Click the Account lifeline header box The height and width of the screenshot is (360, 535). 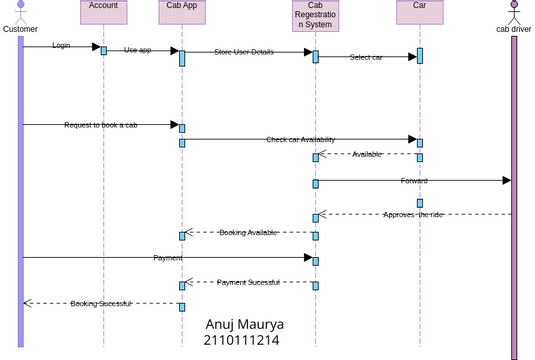pos(103,12)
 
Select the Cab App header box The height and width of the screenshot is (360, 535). pos(182,12)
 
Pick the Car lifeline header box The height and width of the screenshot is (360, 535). pos(419,12)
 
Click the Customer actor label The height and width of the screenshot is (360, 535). pos(20,29)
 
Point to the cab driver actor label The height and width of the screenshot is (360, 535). pos(514,29)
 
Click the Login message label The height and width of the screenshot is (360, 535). pos(61,46)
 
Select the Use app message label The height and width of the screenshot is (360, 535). pos(138,49)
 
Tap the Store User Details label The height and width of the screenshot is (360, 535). pos(243,52)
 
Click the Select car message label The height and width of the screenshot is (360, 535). pos(366,57)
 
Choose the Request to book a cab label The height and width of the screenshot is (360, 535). pos(101,125)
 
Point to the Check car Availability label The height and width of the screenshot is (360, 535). pos(300,140)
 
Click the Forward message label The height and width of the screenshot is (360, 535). pos(414,181)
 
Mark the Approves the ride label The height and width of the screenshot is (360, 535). pos(413,214)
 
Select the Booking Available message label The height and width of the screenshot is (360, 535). pos(248,233)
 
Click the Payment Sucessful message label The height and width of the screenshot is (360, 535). pos(248,283)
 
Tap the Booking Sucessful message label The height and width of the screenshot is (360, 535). pos(100,303)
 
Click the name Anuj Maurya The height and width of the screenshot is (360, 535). pos(244,325)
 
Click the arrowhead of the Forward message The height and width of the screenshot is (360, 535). pos(507,181)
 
